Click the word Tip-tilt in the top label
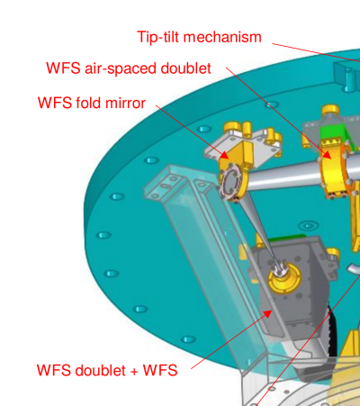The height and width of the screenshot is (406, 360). coord(158,38)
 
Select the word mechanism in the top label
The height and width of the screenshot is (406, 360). coord(222,37)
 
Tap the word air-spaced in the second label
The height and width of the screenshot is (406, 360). coord(121,69)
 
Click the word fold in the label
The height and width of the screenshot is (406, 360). coord(88,103)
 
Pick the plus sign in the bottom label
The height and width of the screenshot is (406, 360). coord(134,371)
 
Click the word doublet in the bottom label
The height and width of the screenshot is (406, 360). coord(100,370)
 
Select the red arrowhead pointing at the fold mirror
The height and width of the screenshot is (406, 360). coord(224,155)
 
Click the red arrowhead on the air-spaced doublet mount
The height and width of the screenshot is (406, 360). coord(328,155)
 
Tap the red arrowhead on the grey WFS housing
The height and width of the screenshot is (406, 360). coord(267,314)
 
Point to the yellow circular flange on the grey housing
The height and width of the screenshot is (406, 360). coord(283,276)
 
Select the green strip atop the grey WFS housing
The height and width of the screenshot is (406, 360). coord(285,238)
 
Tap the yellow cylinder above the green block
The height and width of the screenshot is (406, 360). coord(330,110)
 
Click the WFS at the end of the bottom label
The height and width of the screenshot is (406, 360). coord(160,370)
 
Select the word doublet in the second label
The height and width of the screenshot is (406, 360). coord(186,68)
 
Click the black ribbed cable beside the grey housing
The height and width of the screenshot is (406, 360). coord(331,327)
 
